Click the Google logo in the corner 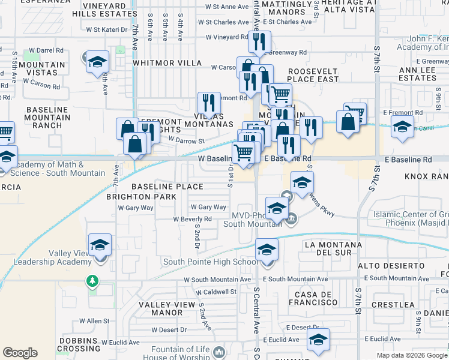click(x=20, y=353)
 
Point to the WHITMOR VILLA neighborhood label click(x=167, y=63)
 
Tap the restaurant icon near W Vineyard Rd click(x=259, y=41)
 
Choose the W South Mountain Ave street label click(x=217, y=280)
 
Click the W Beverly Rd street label click(x=193, y=219)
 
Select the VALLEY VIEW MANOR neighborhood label click(x=168, y=308)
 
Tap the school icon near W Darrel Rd click(x=96, y=62)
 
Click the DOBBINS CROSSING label click(x=79, y=344)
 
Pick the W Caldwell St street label click(x=211, y=292)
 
